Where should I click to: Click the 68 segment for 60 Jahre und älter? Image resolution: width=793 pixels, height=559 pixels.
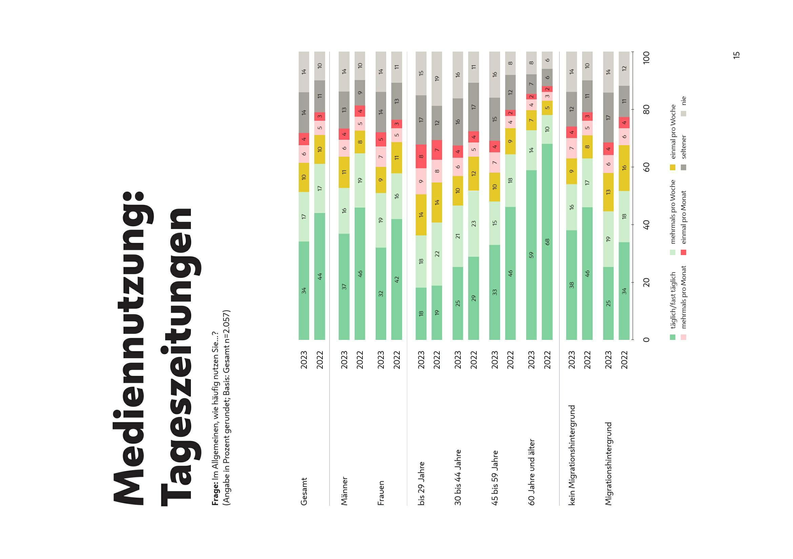pyautogui.click(x=547, y=242)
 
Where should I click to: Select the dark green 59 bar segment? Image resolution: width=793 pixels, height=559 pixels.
pyautogui.click(x=531, y=255)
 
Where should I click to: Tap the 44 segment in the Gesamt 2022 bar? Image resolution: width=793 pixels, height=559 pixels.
pyautogui.click(x=320, y=276)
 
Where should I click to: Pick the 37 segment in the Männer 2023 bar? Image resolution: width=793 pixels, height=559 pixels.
pyautogui.click(x=344, y=286)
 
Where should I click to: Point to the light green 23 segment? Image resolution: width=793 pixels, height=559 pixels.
pyautogui.click(x=474, y=224)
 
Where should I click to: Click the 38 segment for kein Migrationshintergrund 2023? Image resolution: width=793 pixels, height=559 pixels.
pyautogui.click(x=572, y=285)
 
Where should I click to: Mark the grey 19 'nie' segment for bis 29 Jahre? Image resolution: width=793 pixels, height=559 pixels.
pyautogui.click(x=437, y=78)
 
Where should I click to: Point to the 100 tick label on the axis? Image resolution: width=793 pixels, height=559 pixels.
pyautogui.click(x=647, y=57)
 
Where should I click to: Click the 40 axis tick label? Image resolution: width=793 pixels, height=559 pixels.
pyautogui.click(x=647, y=225)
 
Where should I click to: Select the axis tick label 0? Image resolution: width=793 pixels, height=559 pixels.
pyautogui.click(x=647, y=340)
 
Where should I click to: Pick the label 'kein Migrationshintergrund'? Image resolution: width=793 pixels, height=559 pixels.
pyautogui.click(x=572, y=455)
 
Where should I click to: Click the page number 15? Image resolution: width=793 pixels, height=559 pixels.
pyautogui.click(x=736, y=55)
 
